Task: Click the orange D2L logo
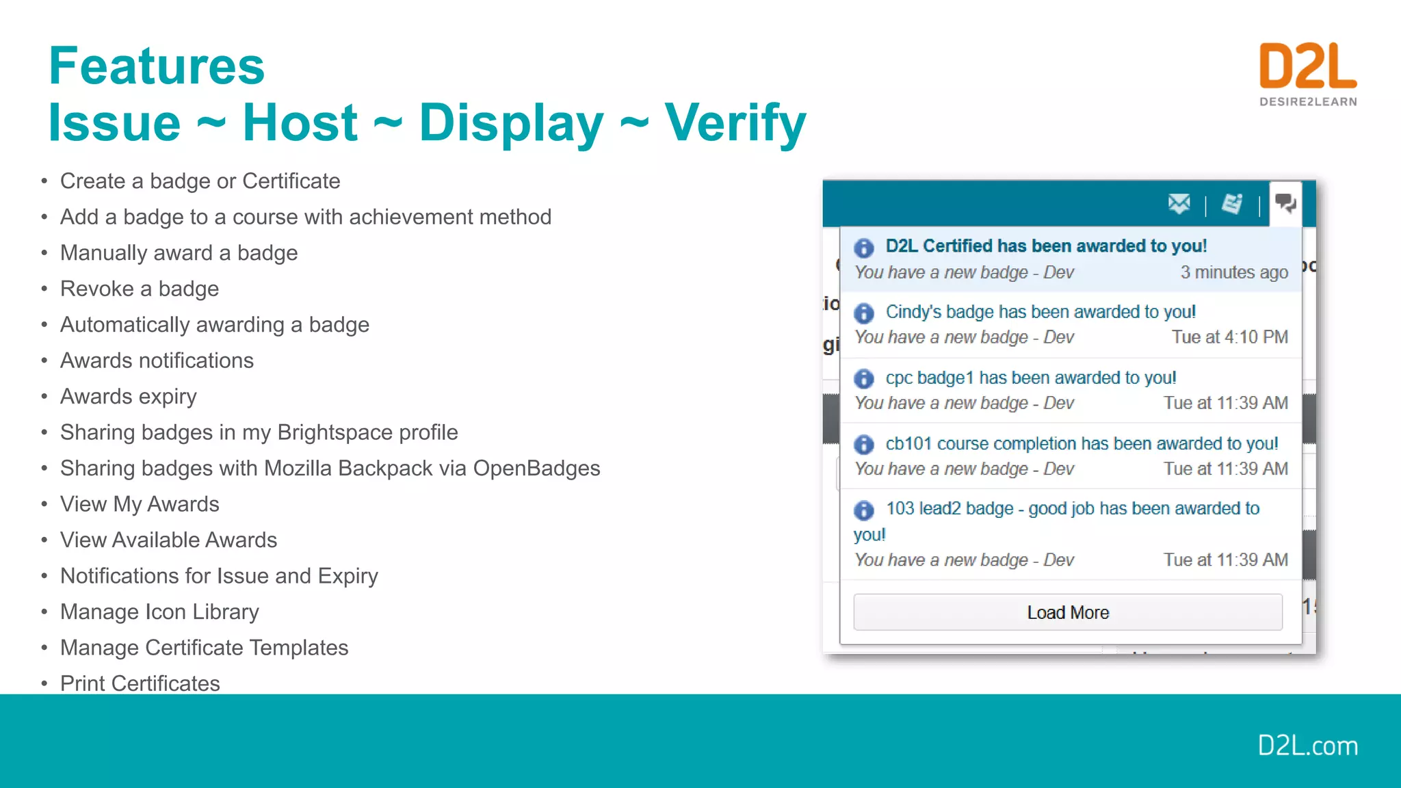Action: coord(1307,66)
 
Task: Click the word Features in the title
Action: coord(157,66)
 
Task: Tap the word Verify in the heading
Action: coord(735,123)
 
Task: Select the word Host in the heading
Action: coord(300,123)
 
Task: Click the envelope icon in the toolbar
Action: coord(1179,204)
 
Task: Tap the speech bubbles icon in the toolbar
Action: coord(1285,203)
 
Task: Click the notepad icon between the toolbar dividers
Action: coord(1232,204)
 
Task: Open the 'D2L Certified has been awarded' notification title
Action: coord(1046,246)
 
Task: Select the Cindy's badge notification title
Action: coord(1040,312)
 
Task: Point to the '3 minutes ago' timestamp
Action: coord(1233,272)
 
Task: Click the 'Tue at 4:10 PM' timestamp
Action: coord(1229,337)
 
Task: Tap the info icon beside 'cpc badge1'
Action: coord(864,378)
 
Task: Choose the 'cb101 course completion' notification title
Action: coord(1082,444)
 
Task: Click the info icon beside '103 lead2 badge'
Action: coord(864,510)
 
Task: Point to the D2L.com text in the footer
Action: coord(1307,746)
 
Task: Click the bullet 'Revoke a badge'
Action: coord(140,289)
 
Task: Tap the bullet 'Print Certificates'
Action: coord(140,683)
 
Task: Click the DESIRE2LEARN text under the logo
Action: coord(1308,102)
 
